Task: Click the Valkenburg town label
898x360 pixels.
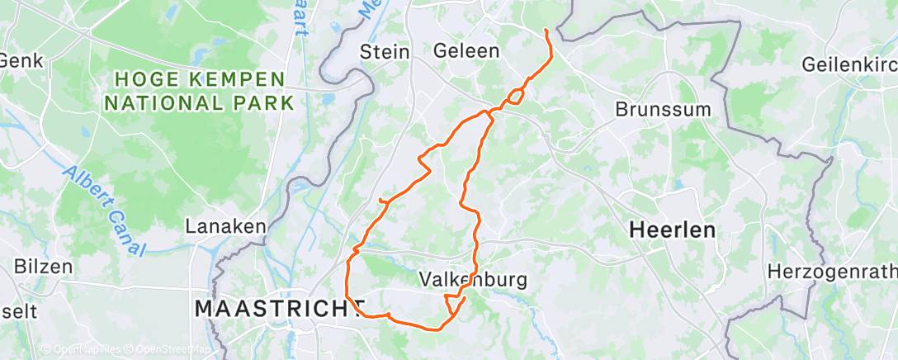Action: tap(473, 279)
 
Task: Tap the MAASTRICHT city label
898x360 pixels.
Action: tap(279, 309)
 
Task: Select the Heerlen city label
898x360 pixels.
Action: tap(672, 230)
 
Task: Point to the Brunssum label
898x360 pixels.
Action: tap(657, 109)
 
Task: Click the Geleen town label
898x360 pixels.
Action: tap(466, 51)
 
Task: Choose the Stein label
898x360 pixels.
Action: tap(385, 52)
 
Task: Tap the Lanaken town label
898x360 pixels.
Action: tap(224, 226)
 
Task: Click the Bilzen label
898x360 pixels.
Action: tap(44, 267)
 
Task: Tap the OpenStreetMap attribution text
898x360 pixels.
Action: tap(168, 350)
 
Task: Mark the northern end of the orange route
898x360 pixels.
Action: tap(546, 31)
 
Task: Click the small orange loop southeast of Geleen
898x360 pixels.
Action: tap(514, 96)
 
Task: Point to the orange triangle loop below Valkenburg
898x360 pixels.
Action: tap(453, 304)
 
